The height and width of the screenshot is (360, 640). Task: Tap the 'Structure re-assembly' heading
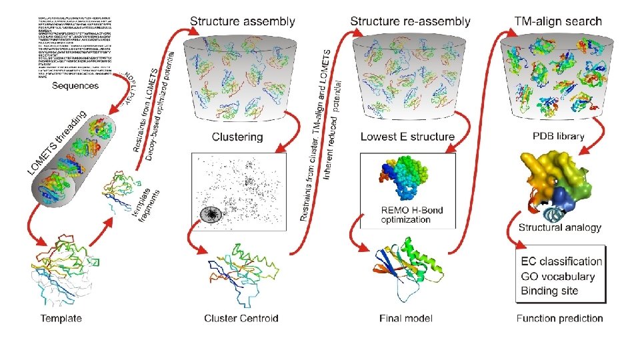[x=410, y=21]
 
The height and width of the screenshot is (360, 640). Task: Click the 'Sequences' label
[x=75, y=86]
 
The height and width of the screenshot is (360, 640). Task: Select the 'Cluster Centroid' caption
[x=241, y=319]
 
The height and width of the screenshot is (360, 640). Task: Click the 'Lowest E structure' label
[x=407, y=137]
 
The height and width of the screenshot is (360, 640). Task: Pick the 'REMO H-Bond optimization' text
[x=404, y=215]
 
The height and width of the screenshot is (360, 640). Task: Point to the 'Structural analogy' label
[x=560, y=227]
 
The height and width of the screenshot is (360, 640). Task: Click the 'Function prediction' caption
[x=560, y=319]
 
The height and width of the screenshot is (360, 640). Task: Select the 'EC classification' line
[x=560, y=261]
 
